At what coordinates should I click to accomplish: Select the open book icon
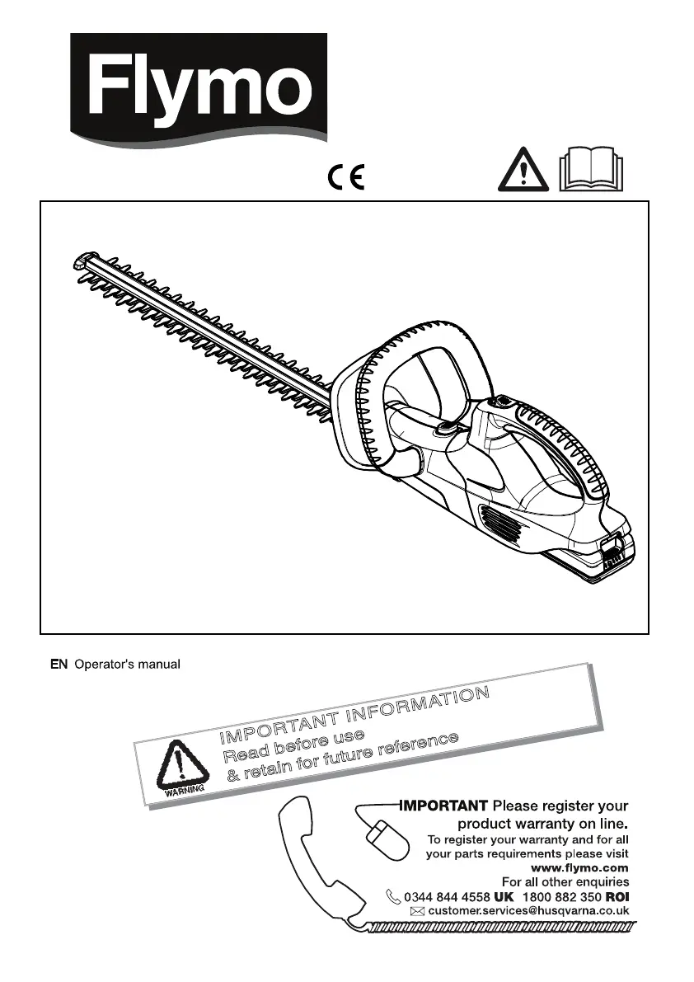[x=592, y=173]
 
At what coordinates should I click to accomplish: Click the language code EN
[x=58, y=664]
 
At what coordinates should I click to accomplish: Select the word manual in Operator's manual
[x=158, y=664]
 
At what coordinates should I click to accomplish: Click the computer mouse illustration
[x=387, y=840]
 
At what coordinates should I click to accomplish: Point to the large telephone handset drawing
[x=317, y=857]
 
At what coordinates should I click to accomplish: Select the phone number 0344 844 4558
[x=448, y=896]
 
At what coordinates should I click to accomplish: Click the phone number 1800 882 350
[x=561, y=896]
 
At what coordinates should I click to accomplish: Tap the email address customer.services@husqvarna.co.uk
[x=529, y=911]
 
